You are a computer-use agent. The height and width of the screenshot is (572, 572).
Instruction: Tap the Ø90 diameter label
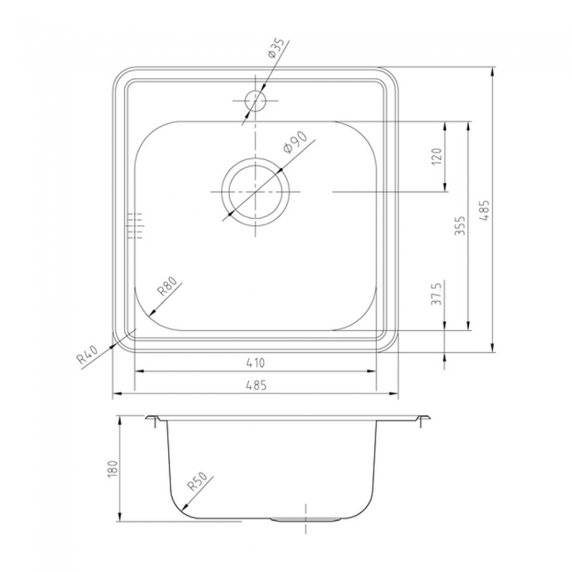(295, 143)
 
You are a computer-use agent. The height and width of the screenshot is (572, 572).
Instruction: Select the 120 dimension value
(437, 156)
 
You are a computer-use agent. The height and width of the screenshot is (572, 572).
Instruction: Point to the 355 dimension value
(460, 225)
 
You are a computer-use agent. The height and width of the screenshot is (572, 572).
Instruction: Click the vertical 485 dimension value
(485, 210)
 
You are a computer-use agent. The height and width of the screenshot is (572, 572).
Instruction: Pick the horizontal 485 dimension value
(256, 385)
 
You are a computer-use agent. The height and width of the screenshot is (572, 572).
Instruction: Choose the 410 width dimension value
(255, 363)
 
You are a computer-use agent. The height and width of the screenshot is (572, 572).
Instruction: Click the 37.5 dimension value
(437, 293)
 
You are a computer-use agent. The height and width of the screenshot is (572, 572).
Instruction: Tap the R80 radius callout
(167, 286)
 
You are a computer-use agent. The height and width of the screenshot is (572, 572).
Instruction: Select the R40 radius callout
(87, 355)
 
